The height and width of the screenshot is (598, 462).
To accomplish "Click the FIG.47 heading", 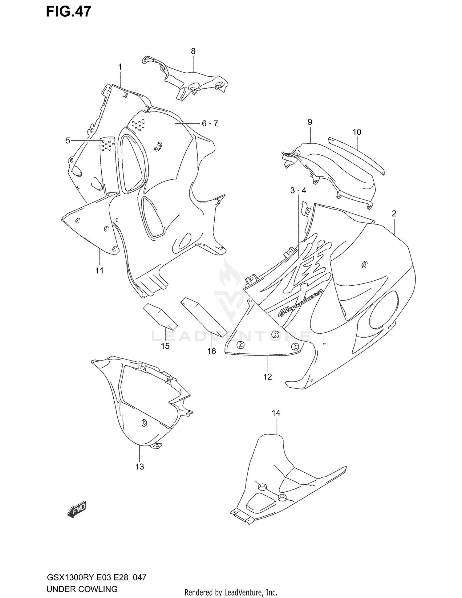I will (68, 12).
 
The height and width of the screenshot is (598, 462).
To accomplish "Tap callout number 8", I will (193, 51).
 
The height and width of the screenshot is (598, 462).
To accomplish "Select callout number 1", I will (120, 67).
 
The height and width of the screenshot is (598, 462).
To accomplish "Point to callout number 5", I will (68, 141).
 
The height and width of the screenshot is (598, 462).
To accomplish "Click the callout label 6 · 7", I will (210, 124).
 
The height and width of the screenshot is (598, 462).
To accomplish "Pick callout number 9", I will (310, 122).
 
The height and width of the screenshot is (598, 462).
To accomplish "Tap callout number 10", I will (357, 132).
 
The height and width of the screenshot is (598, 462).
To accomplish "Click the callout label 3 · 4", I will (298, 191).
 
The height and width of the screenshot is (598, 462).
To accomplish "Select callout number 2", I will (394, 214).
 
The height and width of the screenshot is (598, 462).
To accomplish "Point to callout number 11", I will (99, 271).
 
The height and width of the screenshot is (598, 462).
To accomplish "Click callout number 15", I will (165, 346).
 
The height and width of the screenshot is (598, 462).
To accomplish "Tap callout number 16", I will (212, 351).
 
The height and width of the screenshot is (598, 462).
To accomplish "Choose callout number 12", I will (267, 376).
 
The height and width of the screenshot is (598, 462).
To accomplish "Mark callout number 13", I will (140, 466).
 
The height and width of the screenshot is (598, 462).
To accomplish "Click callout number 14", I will (276, 413).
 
